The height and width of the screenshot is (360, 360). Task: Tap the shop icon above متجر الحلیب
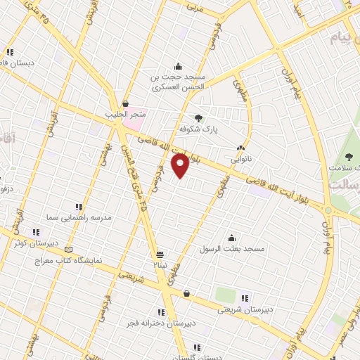tap(125, 104)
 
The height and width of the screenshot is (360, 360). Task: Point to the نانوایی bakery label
tap(240, 159)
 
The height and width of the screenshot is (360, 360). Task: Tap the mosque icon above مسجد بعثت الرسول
tap(232, 238)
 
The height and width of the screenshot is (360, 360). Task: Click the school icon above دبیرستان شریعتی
tap(245, 297)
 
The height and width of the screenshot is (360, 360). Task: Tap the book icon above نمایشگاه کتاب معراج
tap(68, 249)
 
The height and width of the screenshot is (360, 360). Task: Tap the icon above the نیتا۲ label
tap(161, 254)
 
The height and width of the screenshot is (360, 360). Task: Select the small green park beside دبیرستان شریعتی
tap(225, 295)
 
